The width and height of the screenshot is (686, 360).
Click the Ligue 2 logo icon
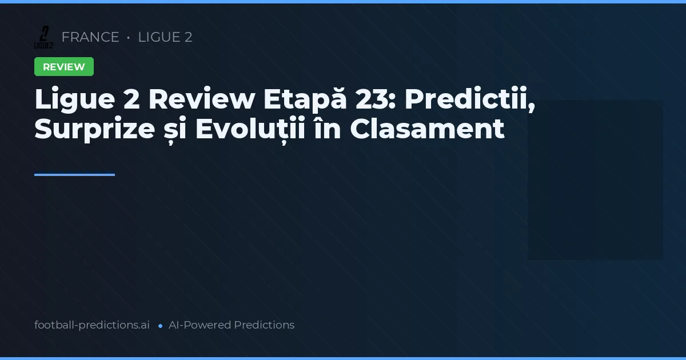(x=43, y=37)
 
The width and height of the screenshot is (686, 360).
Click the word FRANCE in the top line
(x=90, y=37)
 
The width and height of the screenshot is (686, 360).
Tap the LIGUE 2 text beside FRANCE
(x=165, y=37)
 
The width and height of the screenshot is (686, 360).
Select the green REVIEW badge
(x=64, y=67)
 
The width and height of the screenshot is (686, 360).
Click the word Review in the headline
(x=201, y=99)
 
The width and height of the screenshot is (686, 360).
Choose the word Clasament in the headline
(x=427, y=129)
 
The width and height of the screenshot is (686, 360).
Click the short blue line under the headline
(x=74, y=175)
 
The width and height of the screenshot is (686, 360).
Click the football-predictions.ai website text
(x=92, y=325)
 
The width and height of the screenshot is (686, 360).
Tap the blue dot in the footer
(x=160, y=326)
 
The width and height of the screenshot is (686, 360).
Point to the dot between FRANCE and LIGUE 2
(x=129, y=38)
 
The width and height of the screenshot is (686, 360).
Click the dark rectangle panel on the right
(x=595, y=180)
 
